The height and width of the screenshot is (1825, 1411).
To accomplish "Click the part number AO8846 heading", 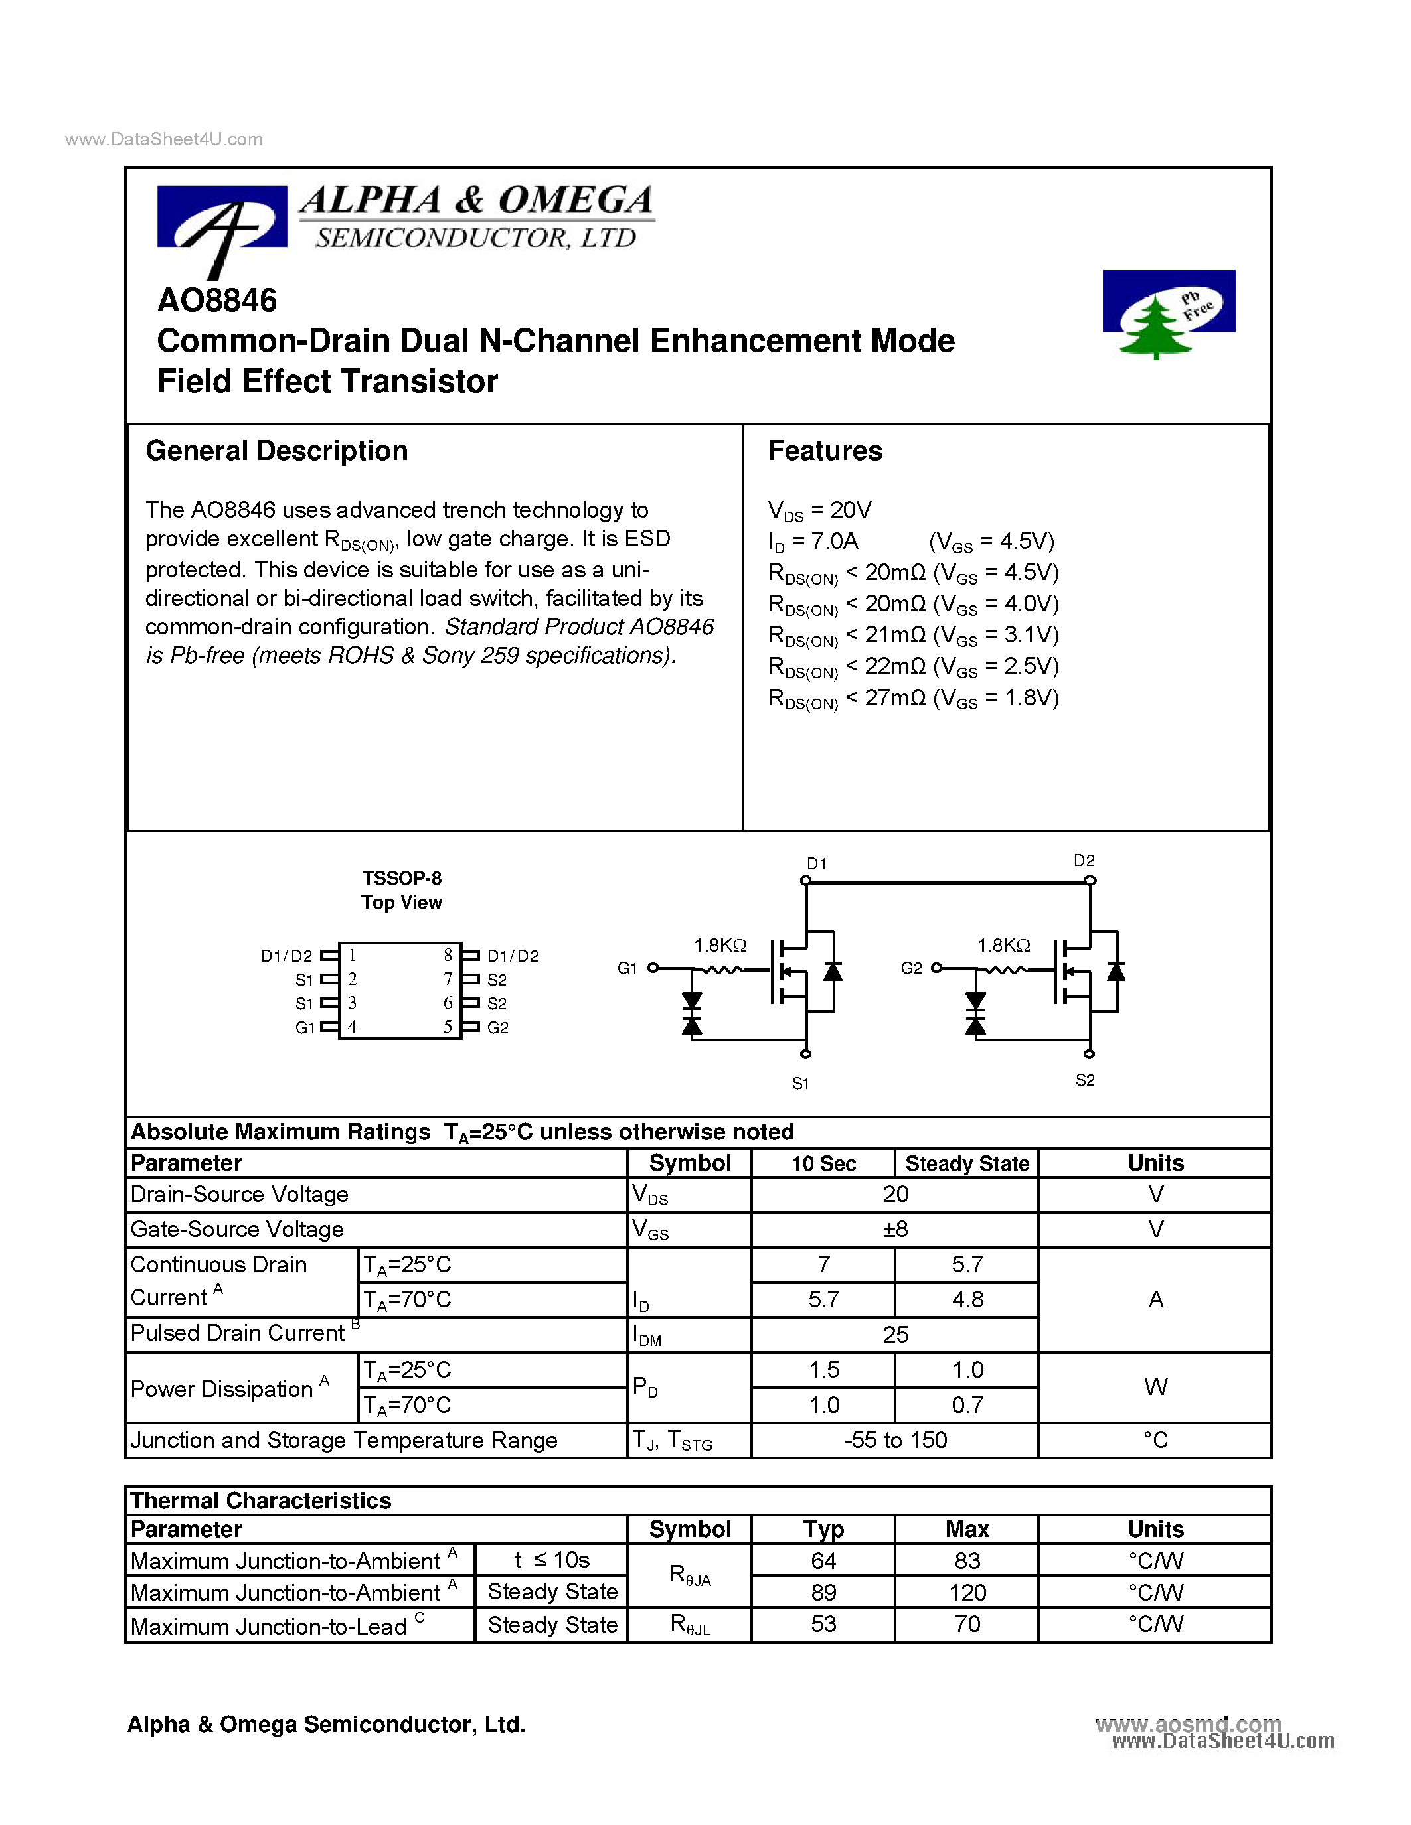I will (216, 301).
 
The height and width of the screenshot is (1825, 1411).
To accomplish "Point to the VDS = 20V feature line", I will (819, 510).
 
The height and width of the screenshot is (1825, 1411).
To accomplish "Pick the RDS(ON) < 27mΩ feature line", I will (913, 699).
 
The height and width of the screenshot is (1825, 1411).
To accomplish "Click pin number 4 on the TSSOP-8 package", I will (353, 1027).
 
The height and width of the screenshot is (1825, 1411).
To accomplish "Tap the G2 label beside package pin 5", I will (498, 1028).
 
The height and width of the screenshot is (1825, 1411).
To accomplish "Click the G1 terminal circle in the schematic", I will (653, 968).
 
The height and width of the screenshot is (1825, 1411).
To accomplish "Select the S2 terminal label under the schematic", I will (1084, 1080).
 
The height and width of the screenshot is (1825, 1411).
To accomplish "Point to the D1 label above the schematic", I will (816, 864).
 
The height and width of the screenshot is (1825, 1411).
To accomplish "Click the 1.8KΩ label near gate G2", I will (1003, 945).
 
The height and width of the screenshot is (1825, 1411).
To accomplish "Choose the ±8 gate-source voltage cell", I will (894, 1229).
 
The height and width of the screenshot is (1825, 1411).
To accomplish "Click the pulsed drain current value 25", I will (894, 1335).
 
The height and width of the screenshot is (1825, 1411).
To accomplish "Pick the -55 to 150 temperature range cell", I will (894, 1440).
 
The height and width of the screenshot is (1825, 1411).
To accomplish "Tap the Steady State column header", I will (967, 1163).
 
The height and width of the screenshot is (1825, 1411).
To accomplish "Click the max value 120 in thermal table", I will (967, 1593).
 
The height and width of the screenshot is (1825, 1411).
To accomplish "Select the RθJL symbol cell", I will (690, 1625).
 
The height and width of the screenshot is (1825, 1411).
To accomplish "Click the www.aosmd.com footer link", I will (1187, 1725).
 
